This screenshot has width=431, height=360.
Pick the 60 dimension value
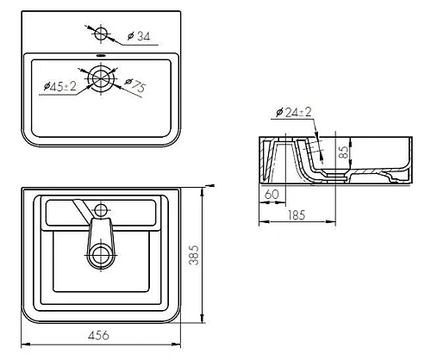271,196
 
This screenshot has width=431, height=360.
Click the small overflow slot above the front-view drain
103,59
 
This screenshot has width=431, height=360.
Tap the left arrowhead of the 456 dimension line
23,344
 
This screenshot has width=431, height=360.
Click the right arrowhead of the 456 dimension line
178,344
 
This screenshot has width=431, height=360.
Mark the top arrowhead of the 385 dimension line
202,187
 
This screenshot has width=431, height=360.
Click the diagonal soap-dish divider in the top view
79,208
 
